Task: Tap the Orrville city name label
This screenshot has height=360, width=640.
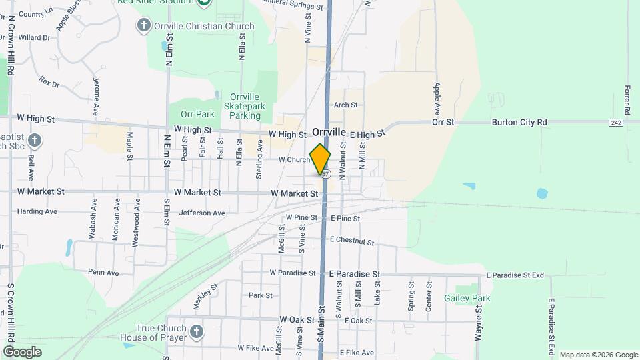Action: tap(329, 133)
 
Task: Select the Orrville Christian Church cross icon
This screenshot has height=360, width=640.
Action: tap(143, 26)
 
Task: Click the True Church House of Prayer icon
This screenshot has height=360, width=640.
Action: tap(196, 332)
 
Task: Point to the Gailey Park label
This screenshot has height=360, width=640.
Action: tap(467, 298)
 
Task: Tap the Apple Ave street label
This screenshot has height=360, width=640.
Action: tap(437, 97)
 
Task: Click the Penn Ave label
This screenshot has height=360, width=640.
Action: tap(103, 273)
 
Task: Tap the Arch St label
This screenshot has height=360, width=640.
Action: tap(346, 105)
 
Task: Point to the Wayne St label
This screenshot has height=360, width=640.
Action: tap(478, 324)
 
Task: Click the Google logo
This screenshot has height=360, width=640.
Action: tap(22, 351)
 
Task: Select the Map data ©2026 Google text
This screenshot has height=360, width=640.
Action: tap(597, 355)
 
